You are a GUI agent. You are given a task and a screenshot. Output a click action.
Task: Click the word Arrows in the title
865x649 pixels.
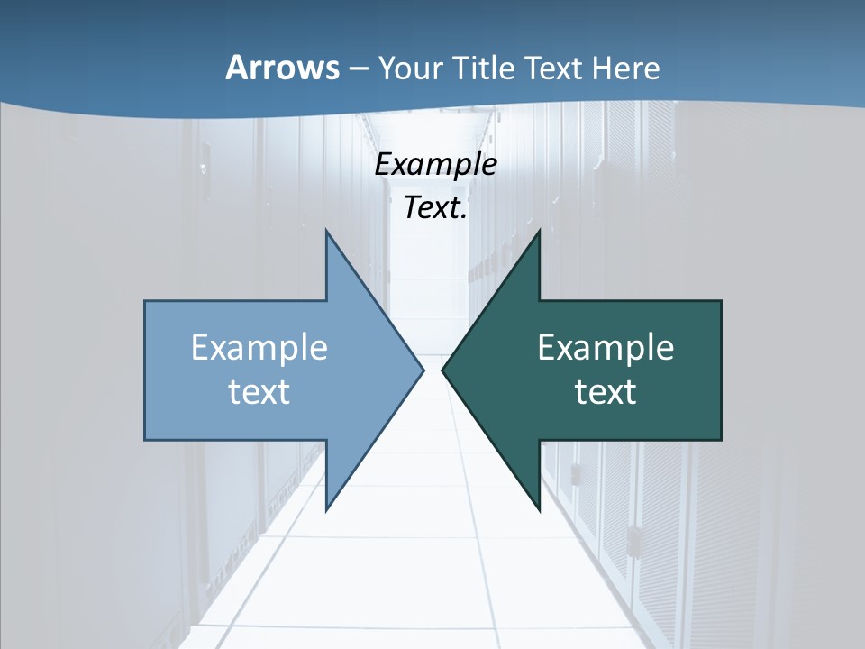tap(281, 68)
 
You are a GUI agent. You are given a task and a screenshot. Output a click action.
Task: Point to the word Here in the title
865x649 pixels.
tap(629, 68)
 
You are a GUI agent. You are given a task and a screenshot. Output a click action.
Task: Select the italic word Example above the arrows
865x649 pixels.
tap(435, 165)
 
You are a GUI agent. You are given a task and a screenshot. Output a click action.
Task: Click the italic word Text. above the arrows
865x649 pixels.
tap(435, 207)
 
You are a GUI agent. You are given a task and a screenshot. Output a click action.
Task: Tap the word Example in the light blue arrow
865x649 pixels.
tap(259, 347)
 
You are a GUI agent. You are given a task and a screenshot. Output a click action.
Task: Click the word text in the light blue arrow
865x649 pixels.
tap(259, 391)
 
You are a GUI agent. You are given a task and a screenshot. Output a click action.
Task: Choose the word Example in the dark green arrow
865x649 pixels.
tap(605, 347)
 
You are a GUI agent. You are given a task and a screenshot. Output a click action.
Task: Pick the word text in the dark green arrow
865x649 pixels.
tap(605, 391)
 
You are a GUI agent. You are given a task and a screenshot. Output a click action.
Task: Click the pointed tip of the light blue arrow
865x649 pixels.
tap(423, 370)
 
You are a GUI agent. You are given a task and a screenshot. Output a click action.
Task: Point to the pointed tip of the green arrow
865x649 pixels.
tap(442, 370)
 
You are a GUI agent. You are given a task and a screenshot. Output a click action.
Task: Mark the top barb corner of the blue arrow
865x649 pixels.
tap(326, 230)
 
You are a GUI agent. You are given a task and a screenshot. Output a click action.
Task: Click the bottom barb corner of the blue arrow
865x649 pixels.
tap(326, 511)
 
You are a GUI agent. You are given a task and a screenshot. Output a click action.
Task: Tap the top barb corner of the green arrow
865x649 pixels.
tap(539, 230)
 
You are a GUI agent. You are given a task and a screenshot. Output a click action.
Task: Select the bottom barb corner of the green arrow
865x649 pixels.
tap(539, 511)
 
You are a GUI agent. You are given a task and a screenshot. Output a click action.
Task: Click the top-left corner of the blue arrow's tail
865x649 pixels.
tap(145, 301)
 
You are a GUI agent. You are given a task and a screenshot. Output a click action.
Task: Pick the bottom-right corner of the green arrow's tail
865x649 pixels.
tap(721, 440)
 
